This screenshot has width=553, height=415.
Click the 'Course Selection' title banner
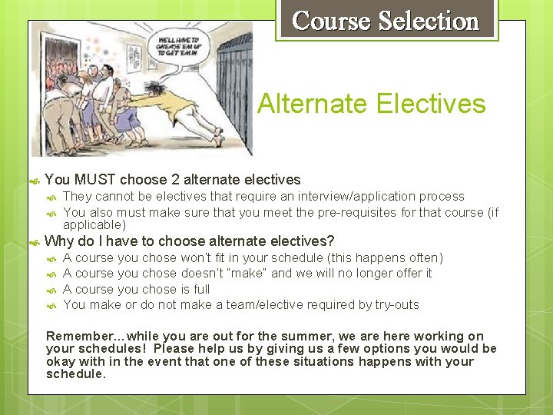[x=386, y=21]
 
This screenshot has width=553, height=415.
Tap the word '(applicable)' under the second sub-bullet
[x=94, y=225]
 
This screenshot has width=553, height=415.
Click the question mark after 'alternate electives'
[x=331, y=241]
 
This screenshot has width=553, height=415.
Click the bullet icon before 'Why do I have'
[x=34, y=242]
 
